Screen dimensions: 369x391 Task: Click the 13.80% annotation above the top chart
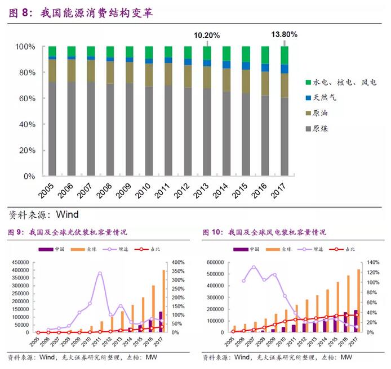(x=284, y=34)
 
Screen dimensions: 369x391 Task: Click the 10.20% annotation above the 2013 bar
(x=207, y=35)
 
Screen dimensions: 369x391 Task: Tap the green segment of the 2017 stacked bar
(x=285, y=55)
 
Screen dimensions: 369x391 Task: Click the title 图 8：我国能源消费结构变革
(x=81, y=12)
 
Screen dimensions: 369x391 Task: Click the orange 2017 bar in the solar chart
(x=163, y=301)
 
